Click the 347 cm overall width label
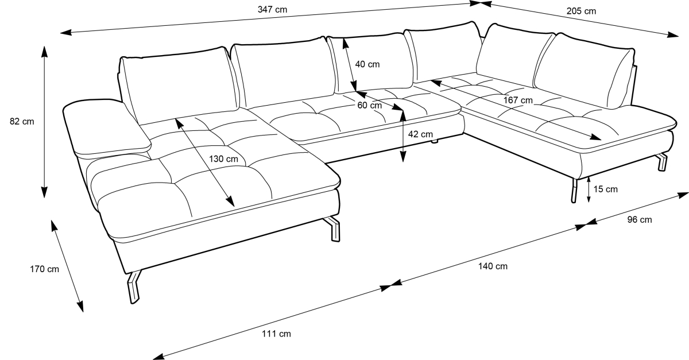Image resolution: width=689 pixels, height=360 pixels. (272, 10)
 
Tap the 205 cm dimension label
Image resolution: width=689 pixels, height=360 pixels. (581, 11)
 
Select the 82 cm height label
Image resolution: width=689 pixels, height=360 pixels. (22, 122)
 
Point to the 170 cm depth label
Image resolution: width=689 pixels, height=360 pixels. (44, 269)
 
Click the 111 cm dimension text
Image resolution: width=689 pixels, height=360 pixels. (276, 334)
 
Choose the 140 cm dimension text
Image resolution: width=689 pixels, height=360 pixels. (493, 266)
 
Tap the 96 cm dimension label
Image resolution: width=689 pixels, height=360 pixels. (640, 220)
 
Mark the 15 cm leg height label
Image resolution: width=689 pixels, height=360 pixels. (605, 189)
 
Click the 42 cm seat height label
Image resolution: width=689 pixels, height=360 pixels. (420, 134)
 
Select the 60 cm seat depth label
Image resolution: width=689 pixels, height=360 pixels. (369, 105)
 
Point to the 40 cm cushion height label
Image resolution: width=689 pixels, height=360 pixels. (367, 64)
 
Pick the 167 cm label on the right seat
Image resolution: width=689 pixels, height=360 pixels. (518, 100)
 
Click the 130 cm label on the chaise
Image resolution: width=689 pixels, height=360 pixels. (223, 159)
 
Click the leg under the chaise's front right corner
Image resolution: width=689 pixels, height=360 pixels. (333, 229)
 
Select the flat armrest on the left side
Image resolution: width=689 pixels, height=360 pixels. (106, 127)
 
